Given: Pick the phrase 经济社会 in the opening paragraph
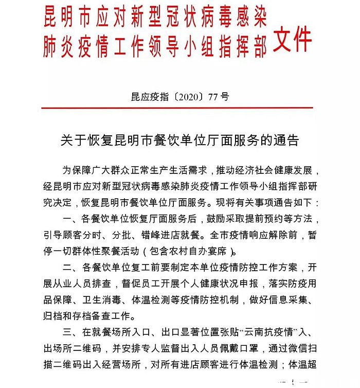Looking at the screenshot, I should [246, 170].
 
